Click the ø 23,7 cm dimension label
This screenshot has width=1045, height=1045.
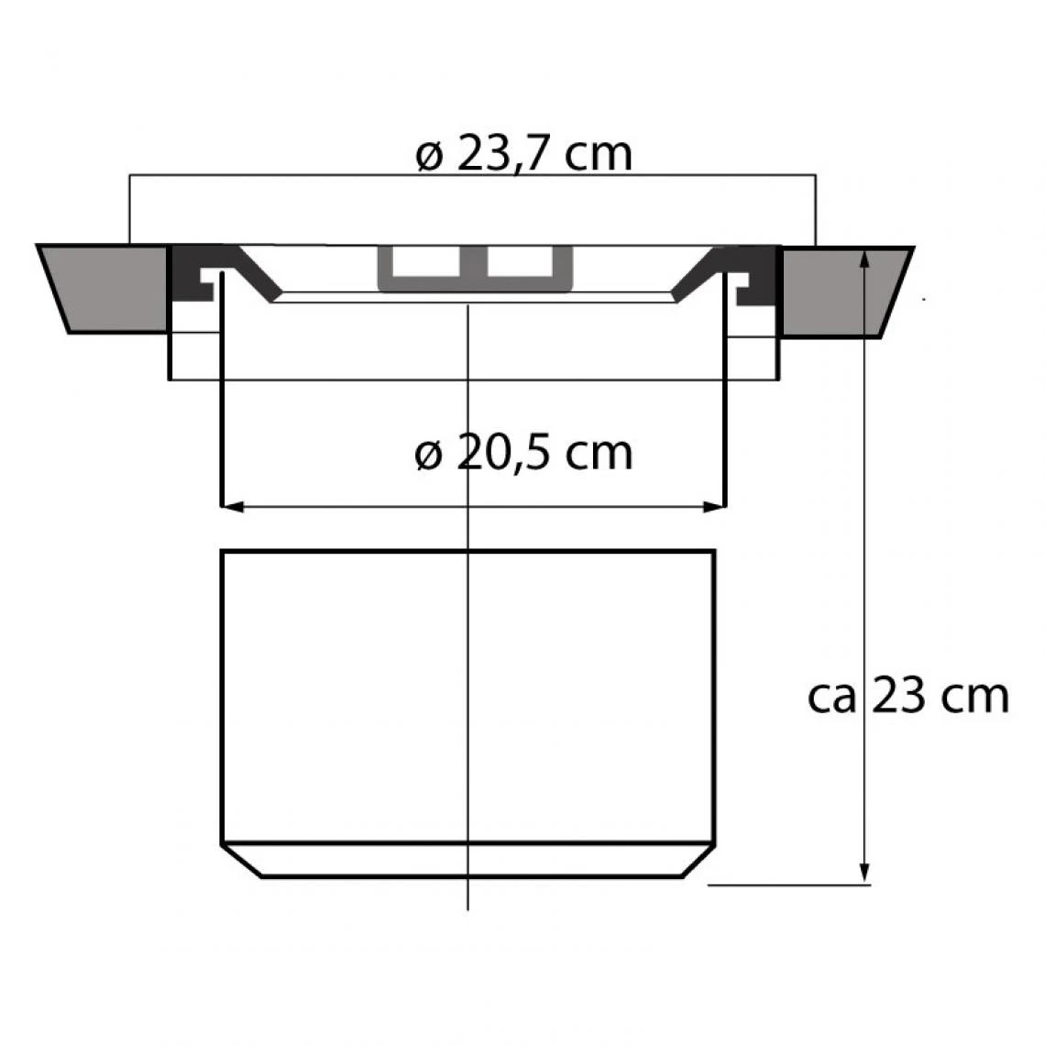point(523,155)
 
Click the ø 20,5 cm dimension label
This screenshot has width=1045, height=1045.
point(523,453)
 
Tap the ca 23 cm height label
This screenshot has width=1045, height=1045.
point(907,697)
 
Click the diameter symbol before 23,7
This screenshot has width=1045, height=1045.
point(429,156)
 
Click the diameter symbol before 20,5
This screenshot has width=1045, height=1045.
point(429,455)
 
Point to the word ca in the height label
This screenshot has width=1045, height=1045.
point(832,698)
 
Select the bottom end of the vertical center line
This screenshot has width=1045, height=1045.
point(468,907)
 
